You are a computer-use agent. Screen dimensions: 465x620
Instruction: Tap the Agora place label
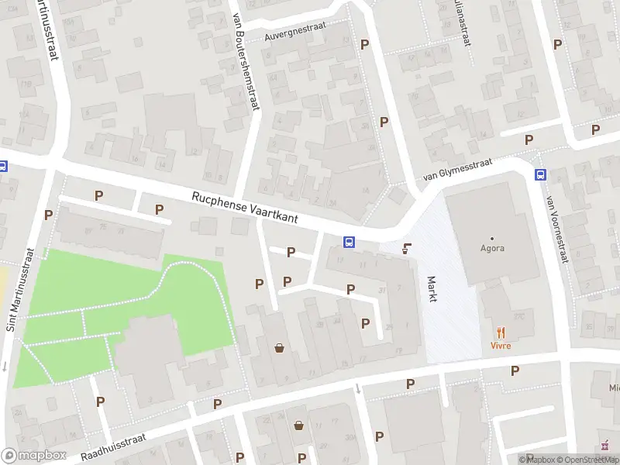click(492, 249)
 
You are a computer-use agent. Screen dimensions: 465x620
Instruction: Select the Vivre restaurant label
click(501, 346)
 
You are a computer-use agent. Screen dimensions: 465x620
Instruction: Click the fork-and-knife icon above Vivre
click(501, 333)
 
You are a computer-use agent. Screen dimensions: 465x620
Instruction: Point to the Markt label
click(431, 288)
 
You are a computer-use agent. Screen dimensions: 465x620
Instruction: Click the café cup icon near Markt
click(407, 249)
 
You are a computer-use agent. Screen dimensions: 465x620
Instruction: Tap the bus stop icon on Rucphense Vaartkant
click(350, 242)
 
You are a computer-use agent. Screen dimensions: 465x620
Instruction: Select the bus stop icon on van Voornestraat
click(539, 174)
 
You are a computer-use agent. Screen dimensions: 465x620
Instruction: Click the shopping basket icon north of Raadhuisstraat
click(279, 348)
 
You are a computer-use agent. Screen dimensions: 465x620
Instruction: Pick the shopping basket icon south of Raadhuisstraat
click(299, 425)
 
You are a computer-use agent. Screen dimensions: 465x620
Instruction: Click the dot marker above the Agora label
click(492, 237)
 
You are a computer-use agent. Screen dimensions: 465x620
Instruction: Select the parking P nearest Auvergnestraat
click(364, 45)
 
